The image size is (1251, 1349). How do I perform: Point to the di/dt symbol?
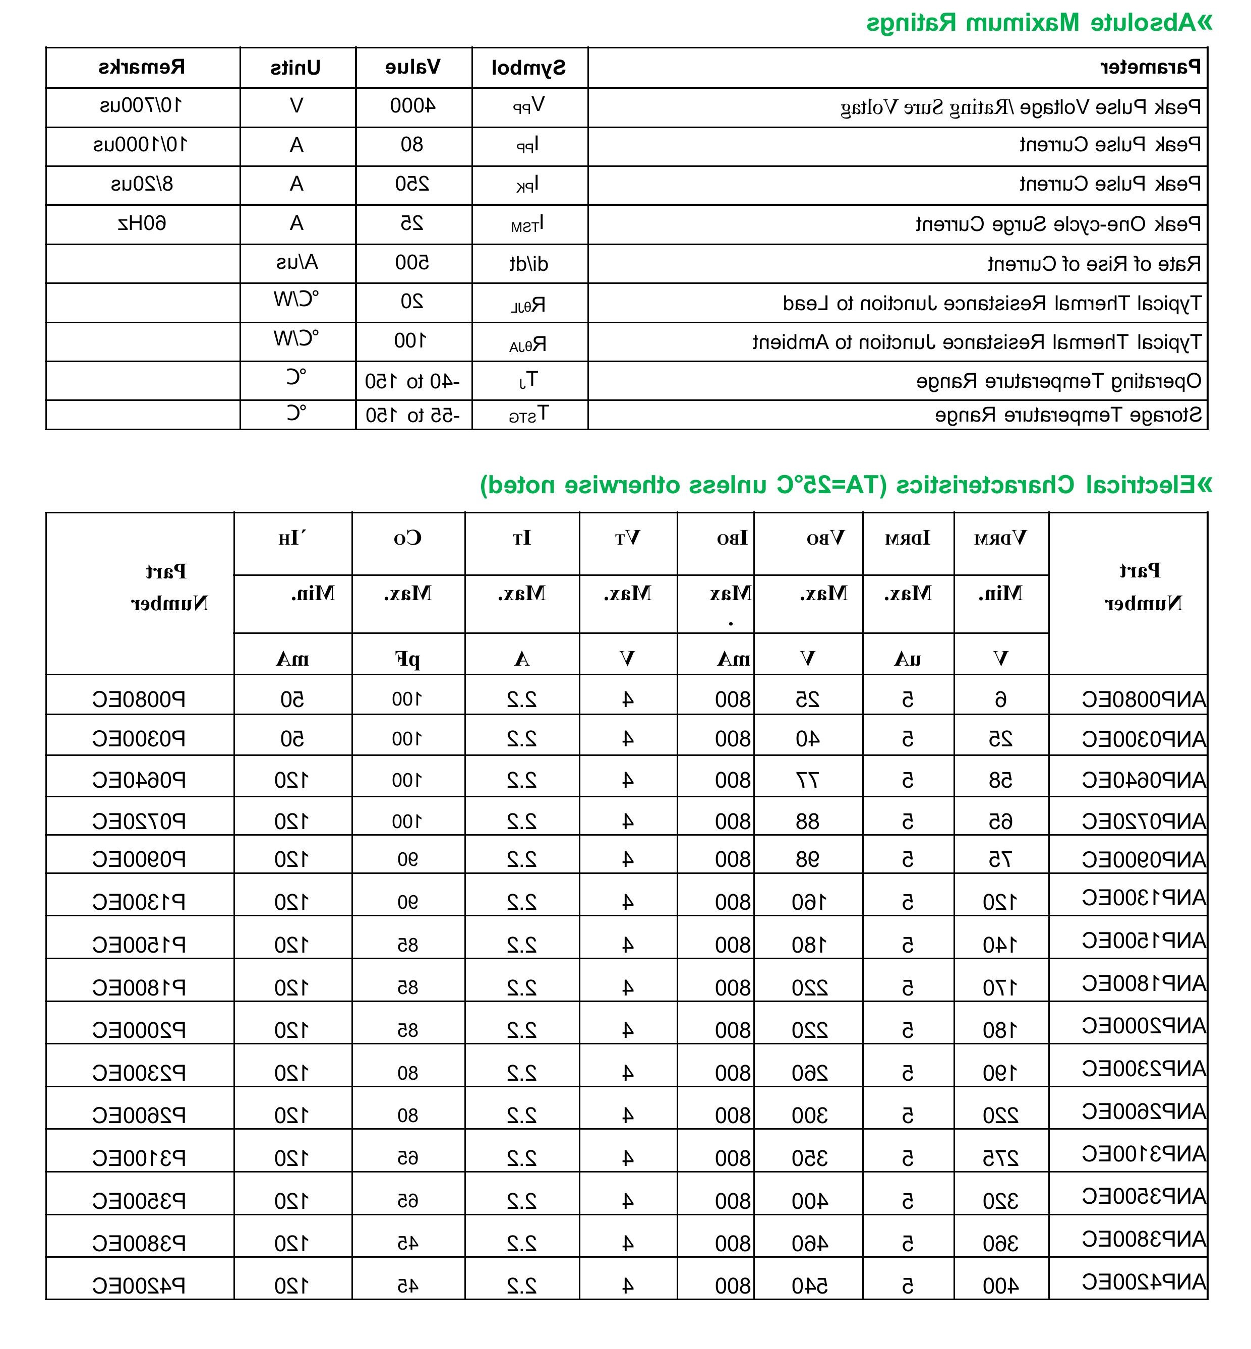529,263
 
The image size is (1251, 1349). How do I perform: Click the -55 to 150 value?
413,415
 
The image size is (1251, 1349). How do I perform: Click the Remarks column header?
142,67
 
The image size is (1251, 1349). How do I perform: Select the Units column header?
296,68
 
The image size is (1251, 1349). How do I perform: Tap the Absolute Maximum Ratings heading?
1039,23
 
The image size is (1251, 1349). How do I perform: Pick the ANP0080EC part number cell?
1144,699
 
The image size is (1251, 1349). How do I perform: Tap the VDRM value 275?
1000,1159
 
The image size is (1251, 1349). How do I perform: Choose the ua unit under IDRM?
907,658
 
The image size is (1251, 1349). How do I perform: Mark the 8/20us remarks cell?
142,184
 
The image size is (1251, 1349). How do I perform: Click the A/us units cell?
296,263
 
